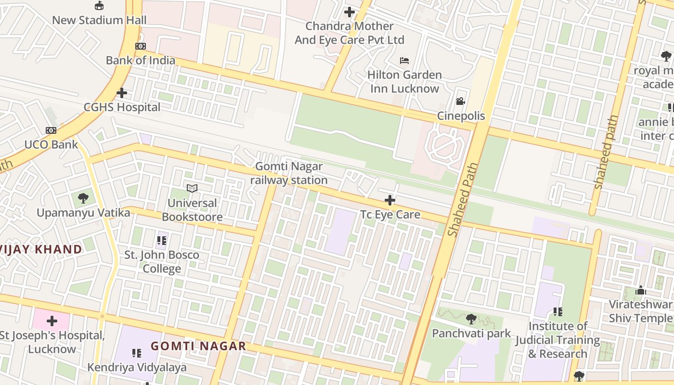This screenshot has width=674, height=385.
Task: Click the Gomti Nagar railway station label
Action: [289, 173]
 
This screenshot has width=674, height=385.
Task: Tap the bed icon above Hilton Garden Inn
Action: [404, 61]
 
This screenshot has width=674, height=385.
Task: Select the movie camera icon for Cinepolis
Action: [461, 102]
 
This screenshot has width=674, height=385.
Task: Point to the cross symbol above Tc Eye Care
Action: [390, 200]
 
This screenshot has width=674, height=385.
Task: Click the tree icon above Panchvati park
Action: [471, 319]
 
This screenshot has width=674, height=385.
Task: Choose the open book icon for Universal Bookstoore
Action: [192, 188]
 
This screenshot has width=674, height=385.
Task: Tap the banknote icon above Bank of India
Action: [140, 46]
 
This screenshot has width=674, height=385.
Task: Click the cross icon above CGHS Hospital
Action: [122, 92]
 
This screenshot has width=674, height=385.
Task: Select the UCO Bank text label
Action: [51, 144]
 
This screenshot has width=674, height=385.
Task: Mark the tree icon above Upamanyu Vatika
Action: [83, 198]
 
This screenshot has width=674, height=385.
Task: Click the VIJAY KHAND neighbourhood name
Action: [41, 249]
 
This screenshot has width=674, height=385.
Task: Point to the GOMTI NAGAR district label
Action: [198, 346]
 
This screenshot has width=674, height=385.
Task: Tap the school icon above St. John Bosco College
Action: [162, 240]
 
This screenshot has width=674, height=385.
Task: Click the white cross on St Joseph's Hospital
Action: [52, 321]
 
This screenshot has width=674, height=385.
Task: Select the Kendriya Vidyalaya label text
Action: [137, 368]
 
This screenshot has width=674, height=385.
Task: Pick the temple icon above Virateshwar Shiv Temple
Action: [640, 290]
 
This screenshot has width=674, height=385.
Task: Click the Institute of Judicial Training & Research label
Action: [558, 340]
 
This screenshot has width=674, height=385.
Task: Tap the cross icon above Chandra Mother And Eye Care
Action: [350, 12]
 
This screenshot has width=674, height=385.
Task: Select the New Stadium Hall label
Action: [99, 20]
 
